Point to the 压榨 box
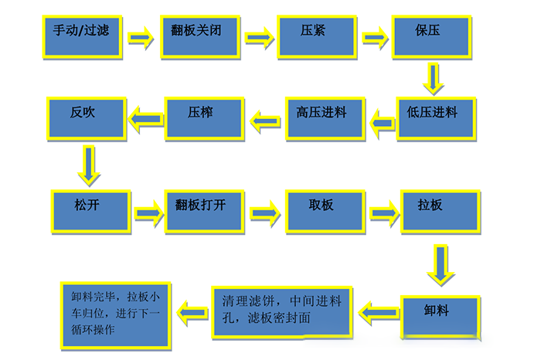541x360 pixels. point(202,117)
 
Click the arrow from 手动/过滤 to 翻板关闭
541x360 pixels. point(141,36)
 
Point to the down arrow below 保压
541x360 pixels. point(434,78)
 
